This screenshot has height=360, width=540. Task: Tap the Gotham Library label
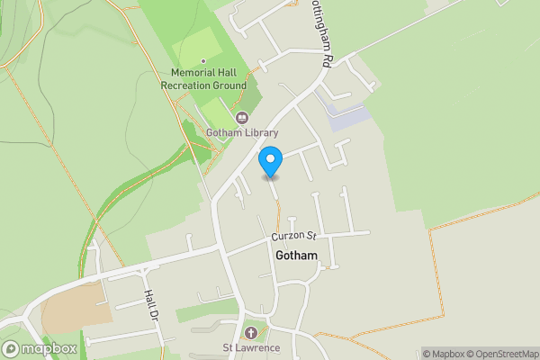coord(241,133)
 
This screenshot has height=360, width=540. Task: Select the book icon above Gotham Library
coord(241,118)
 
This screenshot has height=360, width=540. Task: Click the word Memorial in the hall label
coord(187,73)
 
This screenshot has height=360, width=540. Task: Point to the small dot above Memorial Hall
coord(204,60)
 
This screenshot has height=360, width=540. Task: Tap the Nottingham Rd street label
coord(322,36)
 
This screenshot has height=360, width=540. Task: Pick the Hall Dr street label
coord(149,307)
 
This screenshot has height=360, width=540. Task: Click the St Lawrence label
coord(251,348)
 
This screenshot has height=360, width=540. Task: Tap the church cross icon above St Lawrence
coord(251,333)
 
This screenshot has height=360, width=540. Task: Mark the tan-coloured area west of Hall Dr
coord(76,310)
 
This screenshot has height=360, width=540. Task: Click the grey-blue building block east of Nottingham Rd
coord(349,117)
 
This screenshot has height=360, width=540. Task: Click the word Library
coord(260,133)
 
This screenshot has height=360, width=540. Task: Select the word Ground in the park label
coord(231,85)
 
